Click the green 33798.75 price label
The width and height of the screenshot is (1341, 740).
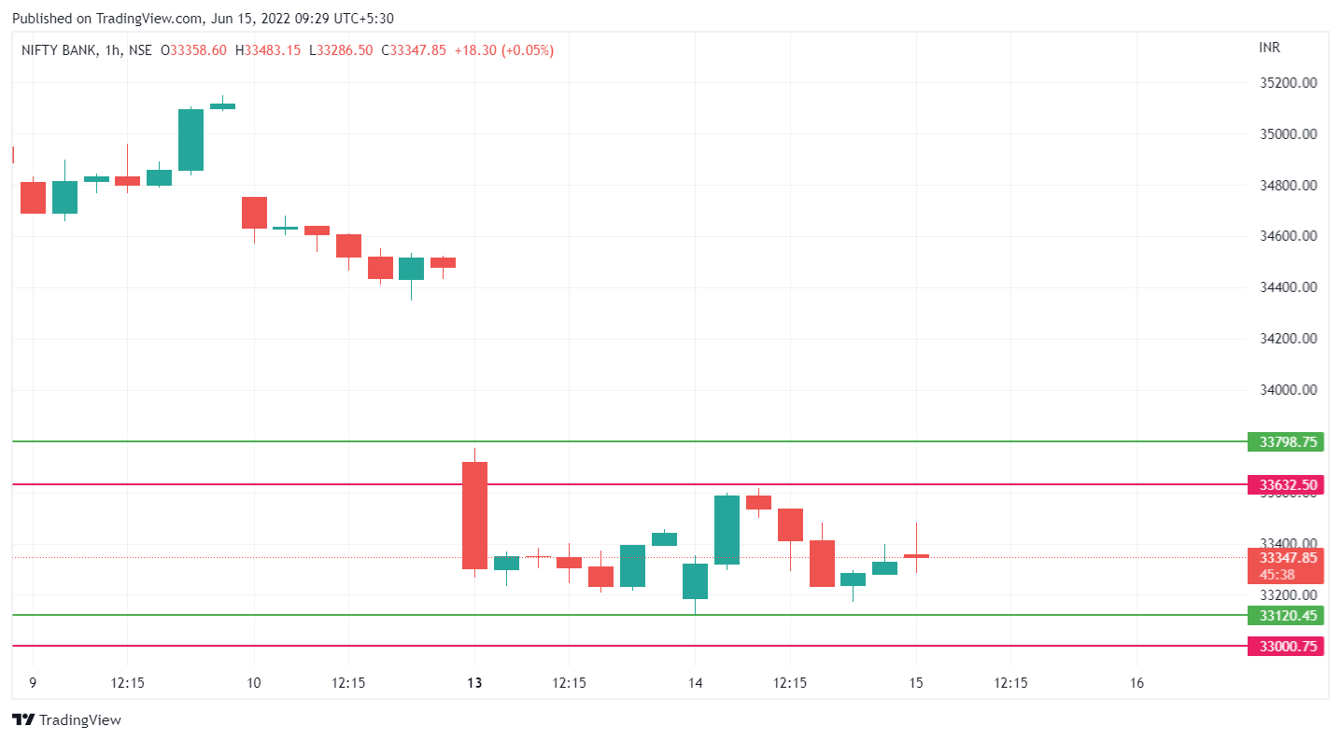tap(1285, 442)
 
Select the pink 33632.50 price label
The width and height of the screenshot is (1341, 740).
tap(1285, 485)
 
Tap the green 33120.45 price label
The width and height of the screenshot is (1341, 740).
tap(1285, 616)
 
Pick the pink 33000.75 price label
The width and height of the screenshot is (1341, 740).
tap(1285, 646)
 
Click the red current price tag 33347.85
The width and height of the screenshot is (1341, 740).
tap(1285, 558)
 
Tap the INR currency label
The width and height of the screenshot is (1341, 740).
tap(1269, 48)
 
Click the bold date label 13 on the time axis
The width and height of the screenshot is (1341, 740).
tap(474, 683)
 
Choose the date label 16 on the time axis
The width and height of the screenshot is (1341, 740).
tap(1136, 683)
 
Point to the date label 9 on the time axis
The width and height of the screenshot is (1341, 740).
tap(33, 683)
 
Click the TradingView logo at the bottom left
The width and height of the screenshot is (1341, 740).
tap(66, 720)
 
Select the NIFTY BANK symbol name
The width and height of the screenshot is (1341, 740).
tap(59, 50)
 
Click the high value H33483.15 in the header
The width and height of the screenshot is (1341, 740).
tap(268, 50)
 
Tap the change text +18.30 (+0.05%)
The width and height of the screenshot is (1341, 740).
tap(503, 50)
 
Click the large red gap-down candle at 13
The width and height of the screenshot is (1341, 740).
tap(474, 515)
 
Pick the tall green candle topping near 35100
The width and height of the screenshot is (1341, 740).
tap(191, 140)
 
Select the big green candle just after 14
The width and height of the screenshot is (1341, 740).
tap(727, 529)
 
